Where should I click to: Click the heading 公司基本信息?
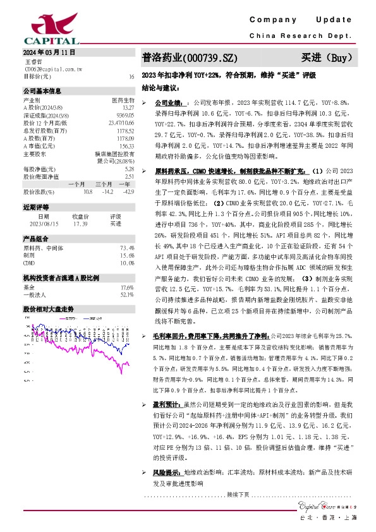43,91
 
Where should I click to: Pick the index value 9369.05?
125,114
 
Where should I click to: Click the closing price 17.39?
80,224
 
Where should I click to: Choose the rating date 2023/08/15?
44,224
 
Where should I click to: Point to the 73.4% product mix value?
127,248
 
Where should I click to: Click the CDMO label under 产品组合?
29,262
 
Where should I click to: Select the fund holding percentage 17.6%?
127,287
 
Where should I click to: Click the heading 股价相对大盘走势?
49,310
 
